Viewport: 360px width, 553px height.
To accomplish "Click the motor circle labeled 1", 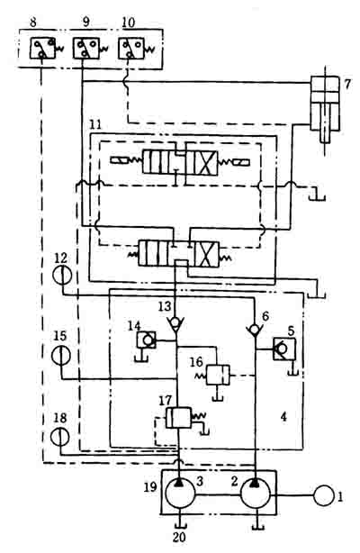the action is click(x=323, y=495).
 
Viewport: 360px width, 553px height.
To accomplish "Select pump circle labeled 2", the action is click(x=256, y=494).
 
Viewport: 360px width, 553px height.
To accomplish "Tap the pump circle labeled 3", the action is click(x=180, y=494).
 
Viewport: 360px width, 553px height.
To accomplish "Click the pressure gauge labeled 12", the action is click(x=63, y=274).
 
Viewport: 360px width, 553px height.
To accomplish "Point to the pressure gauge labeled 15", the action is click(x=61, y=355).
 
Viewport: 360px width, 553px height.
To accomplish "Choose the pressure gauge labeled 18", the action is click(x=60, y=437).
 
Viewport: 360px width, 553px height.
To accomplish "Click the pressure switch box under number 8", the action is click(x=42, y=49).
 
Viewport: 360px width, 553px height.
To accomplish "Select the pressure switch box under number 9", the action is click(x=86, y=49).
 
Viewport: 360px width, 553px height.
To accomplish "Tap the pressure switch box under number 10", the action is click(x=130, y=49).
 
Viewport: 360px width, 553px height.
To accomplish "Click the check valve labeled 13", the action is click(x=175, y=323).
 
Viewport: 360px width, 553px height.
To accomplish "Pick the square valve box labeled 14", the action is click(x=147, y=340).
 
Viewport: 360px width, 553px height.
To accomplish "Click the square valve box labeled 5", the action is click(x=284, y=349).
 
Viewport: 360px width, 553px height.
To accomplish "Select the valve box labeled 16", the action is click(x=218, y=375).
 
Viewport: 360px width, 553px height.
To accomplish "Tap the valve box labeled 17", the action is click(x=178, y=418).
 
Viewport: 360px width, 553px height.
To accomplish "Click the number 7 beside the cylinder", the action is click(x=347, y=85).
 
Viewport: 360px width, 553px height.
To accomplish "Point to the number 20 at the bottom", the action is click(x=179, y=537).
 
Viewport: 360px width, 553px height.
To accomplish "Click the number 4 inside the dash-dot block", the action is click(x=283, y=417).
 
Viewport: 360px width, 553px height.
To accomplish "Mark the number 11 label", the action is click(x=95, y=124).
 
